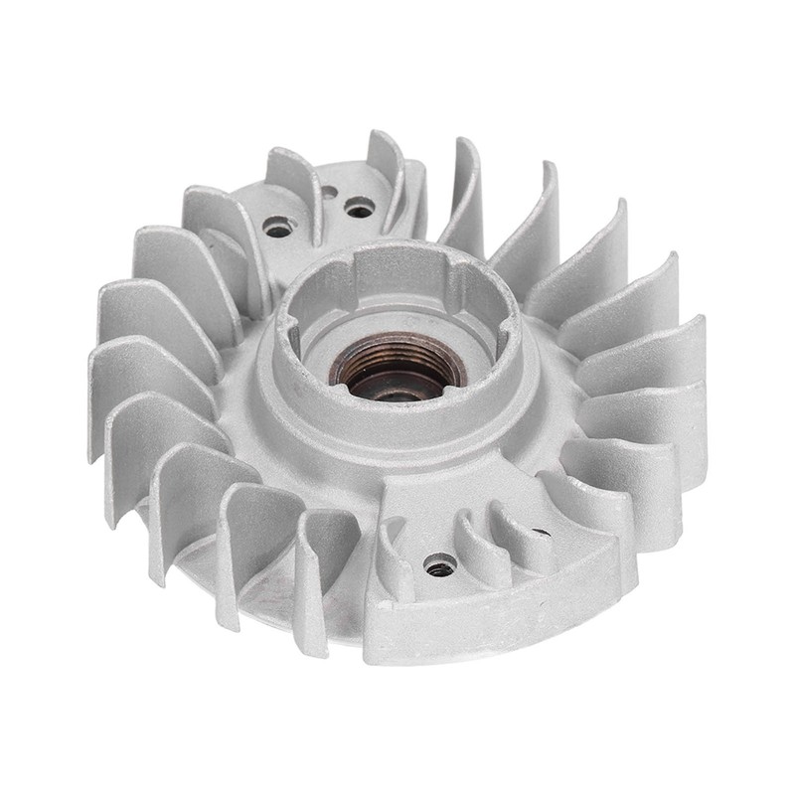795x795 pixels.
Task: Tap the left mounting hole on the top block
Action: click(x=278, y=228)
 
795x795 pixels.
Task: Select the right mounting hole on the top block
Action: click(x=359, y=208)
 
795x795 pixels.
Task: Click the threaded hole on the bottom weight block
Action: click(x=438, y=567)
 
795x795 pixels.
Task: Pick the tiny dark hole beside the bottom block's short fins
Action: click(x=542, y=533)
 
